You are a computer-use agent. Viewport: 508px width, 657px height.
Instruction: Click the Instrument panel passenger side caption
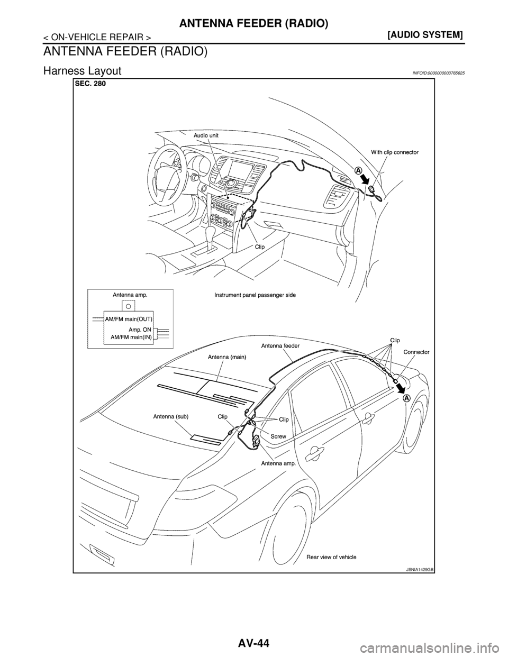pos(255,295)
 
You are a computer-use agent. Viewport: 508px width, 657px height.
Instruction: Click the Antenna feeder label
pos(280,345)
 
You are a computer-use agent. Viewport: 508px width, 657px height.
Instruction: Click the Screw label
pos(278,436)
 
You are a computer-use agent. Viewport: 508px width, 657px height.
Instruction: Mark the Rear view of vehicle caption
pos(331,557)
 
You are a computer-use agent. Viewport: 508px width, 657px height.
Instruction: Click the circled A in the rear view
pos(406,398)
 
